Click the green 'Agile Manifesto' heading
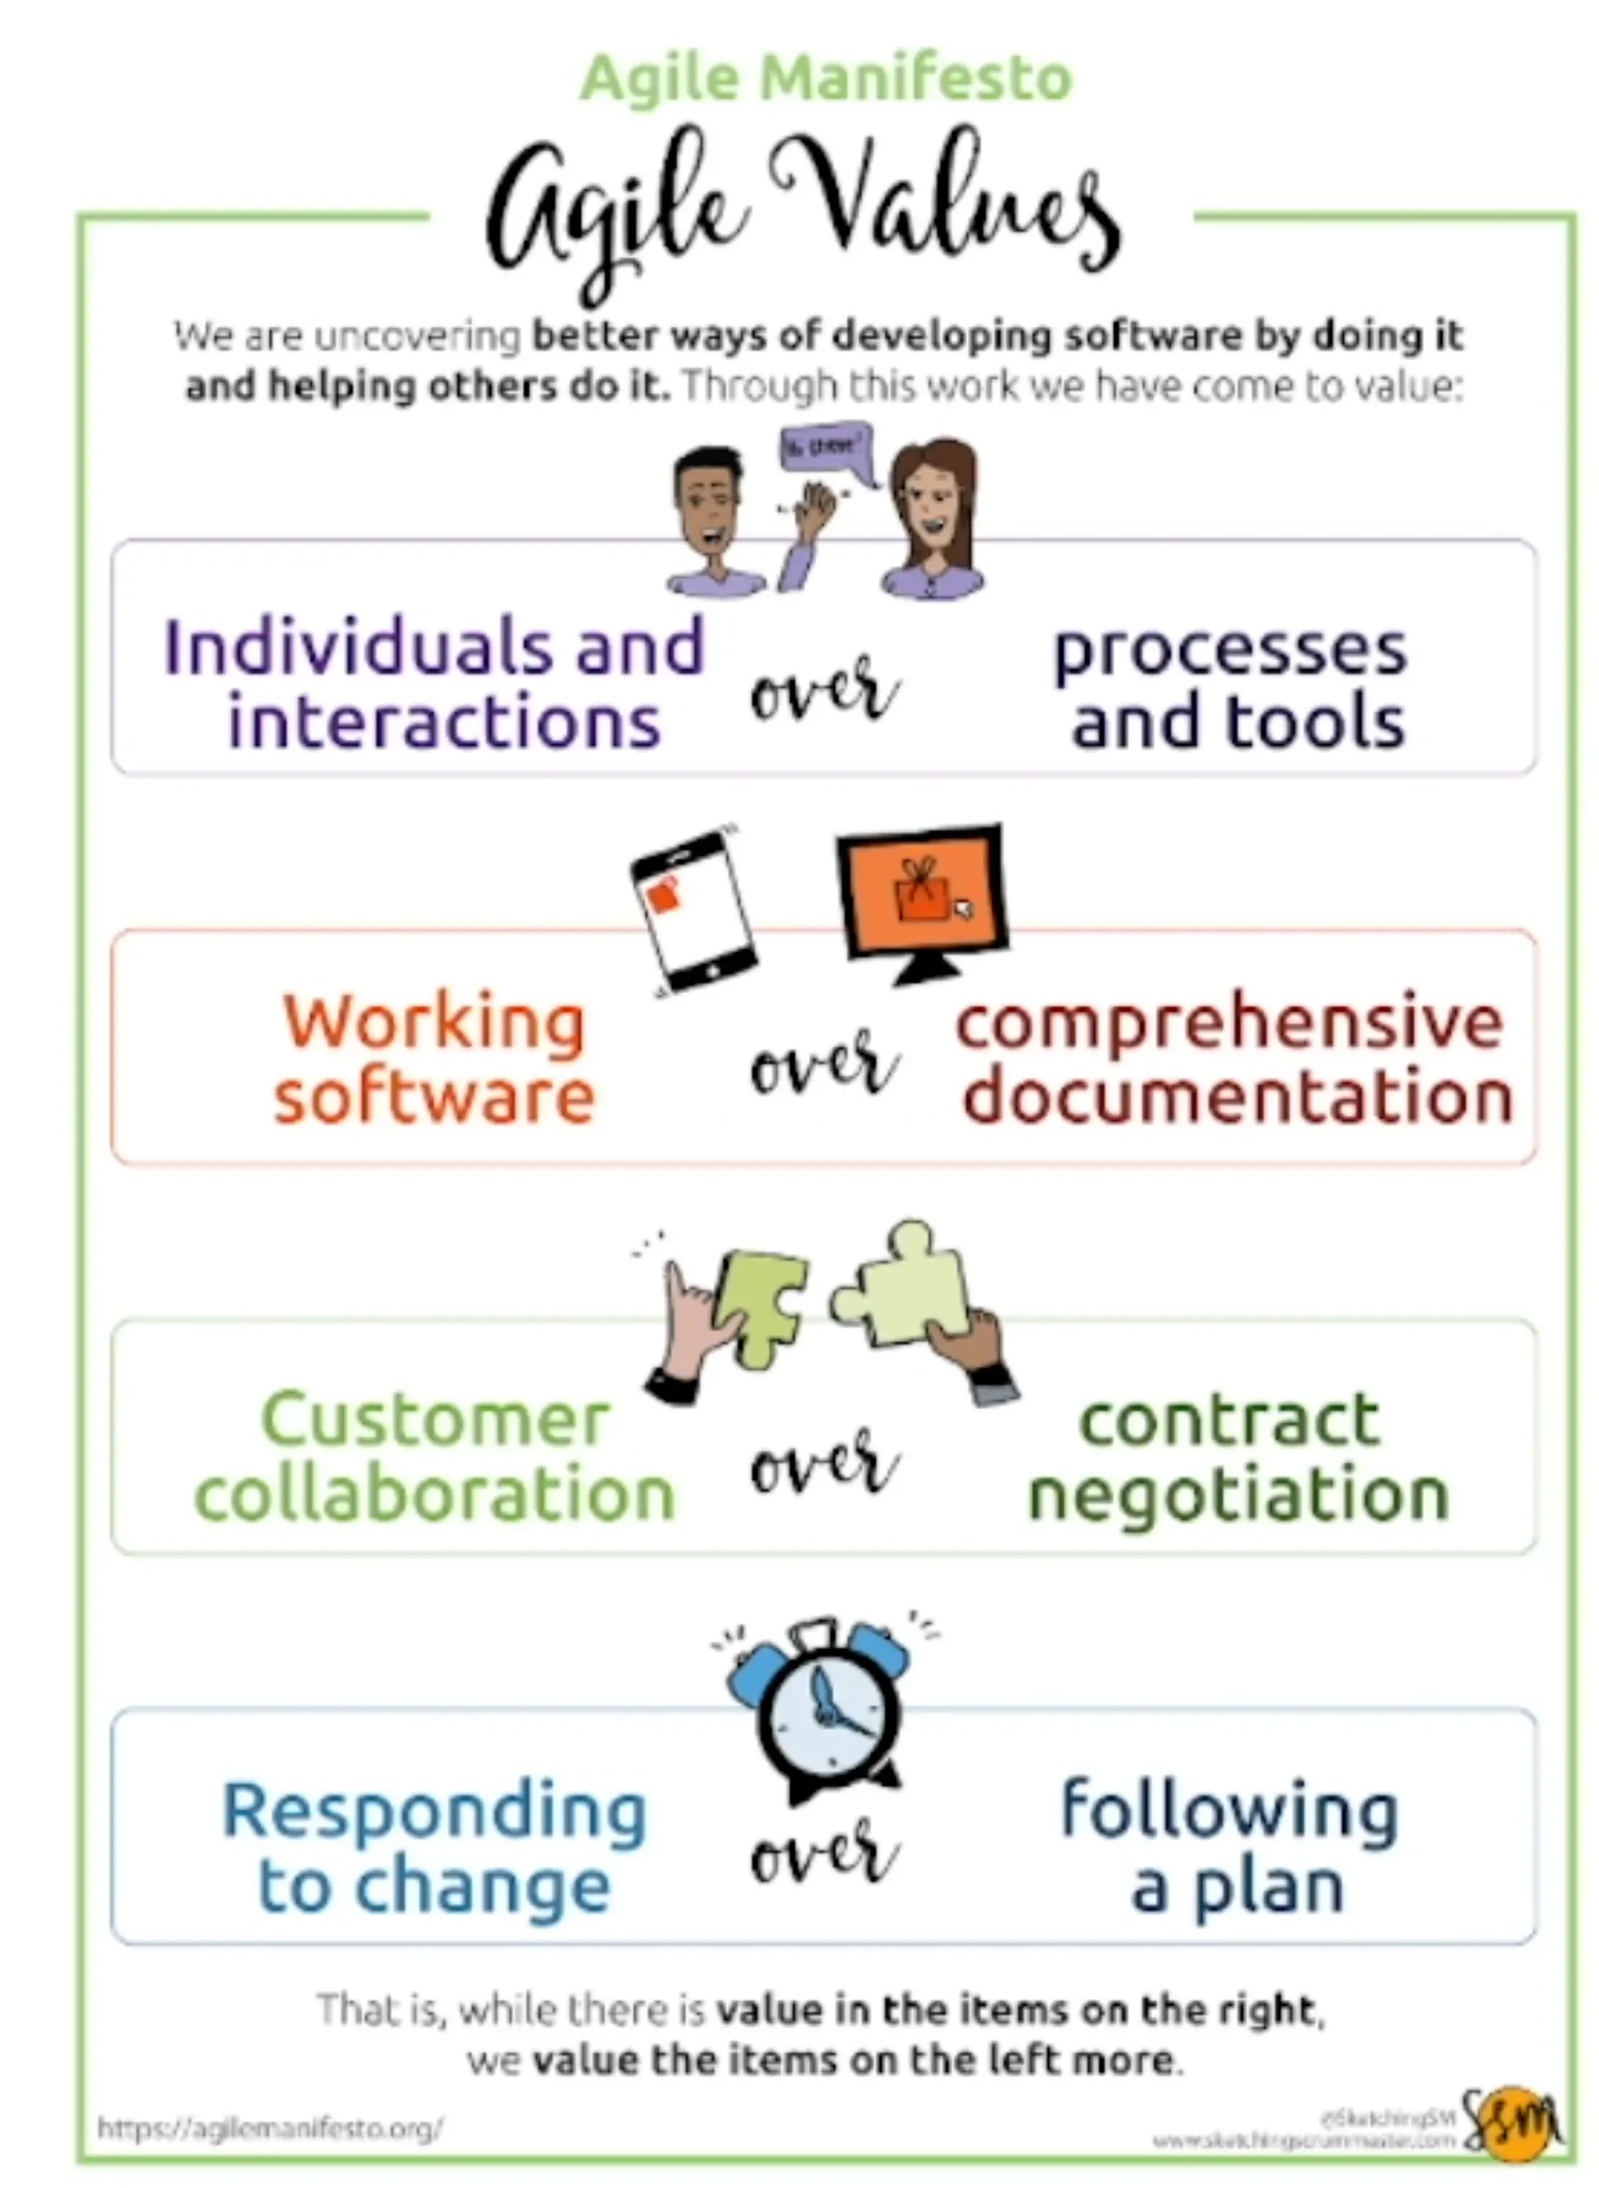(x=826, y=78)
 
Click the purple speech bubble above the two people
(x=824, y=450)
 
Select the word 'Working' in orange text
(x=434, y=1022)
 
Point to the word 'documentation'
(x=1238, y=1096)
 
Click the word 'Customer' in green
(x=435, y=1419)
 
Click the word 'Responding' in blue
(x=434, y=1811)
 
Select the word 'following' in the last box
(x=1229, y=1809)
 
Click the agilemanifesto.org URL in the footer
(x=271, y=2128)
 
